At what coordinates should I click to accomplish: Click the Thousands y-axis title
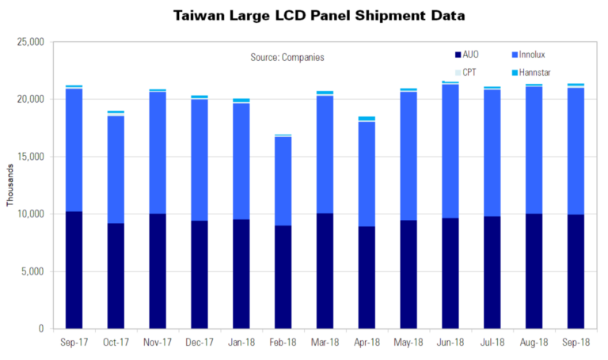[10, 185]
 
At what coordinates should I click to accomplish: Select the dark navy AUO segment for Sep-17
[74, 270]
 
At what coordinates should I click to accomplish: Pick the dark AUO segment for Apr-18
[367, 277]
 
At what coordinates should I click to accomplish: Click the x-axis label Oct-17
[116, 342]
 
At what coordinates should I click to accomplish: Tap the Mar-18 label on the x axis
[325, 342]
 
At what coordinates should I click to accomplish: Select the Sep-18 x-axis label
[575, 342]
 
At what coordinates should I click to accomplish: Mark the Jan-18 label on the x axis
[241, 342]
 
